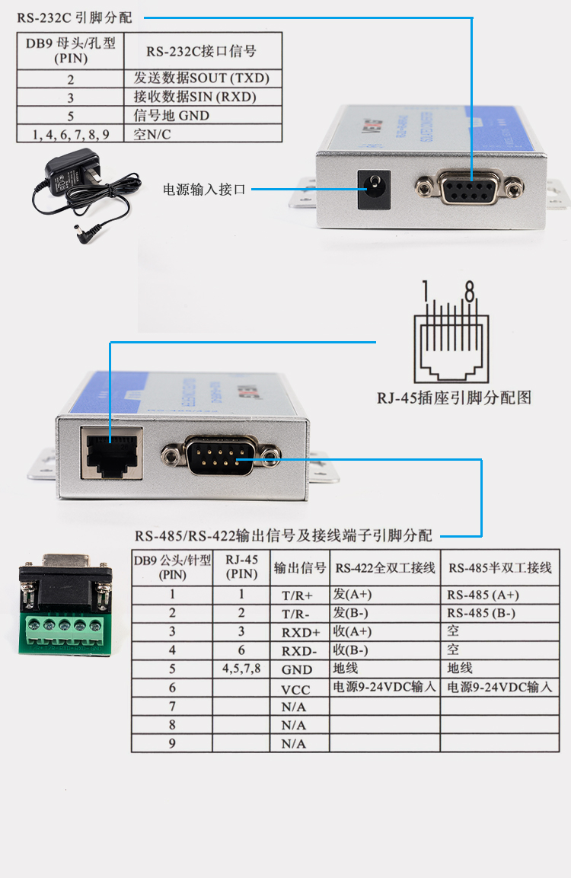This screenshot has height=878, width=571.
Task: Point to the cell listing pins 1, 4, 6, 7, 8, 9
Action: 71,135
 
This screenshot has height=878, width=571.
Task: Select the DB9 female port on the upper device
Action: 467,188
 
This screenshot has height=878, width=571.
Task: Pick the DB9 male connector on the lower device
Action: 222,457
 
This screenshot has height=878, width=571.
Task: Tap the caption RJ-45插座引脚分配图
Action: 454,397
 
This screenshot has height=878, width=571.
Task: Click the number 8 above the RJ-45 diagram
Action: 470,291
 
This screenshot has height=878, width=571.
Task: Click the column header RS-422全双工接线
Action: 385,568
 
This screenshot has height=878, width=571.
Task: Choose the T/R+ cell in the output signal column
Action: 298,595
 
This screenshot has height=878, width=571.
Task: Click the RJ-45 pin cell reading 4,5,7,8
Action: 241,668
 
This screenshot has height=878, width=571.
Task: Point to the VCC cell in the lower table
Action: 296,688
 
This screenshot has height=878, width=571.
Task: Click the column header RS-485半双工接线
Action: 500,568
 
